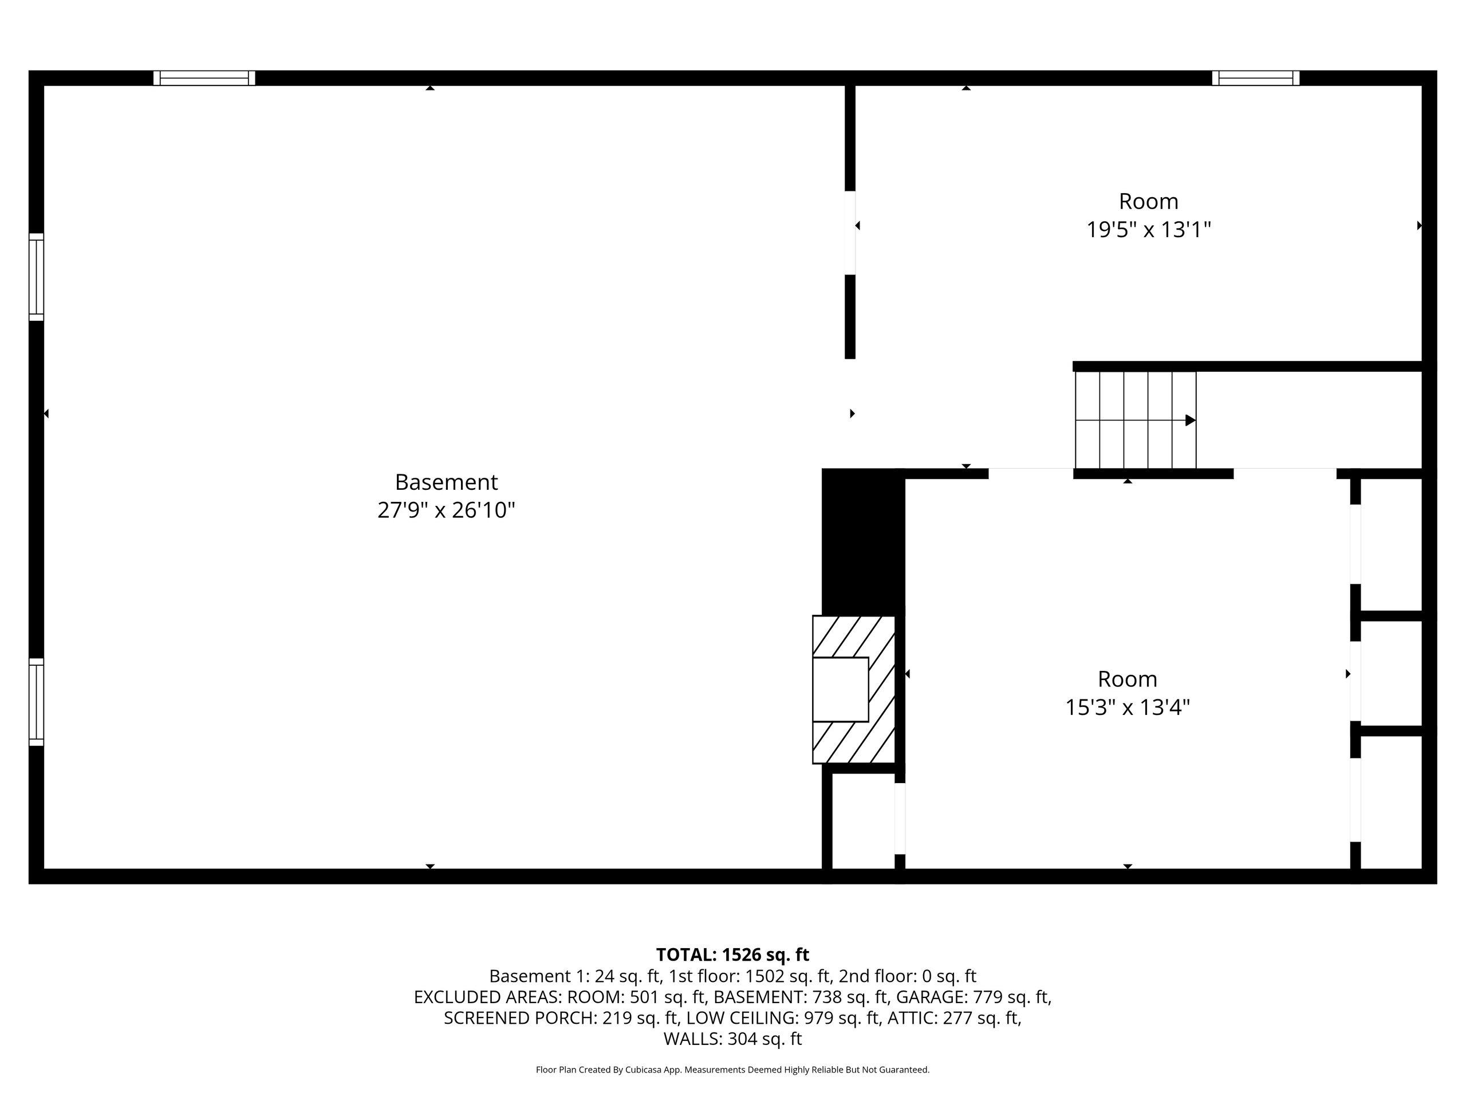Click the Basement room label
pos(446,482)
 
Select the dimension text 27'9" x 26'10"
pos(446,510)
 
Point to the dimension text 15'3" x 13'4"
pos(1128,708)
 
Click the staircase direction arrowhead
pos(1191,421)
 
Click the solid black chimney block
pos(863,542)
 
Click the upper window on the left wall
pos(37,277)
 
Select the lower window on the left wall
pos(37,702)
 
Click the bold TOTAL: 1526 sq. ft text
pos(732,955)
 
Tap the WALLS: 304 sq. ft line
pos(732,1039)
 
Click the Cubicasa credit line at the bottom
pos(732,1070)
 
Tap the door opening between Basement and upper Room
pos(850,233)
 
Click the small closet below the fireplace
pos(864,821)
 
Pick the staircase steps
pos(1135,421)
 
